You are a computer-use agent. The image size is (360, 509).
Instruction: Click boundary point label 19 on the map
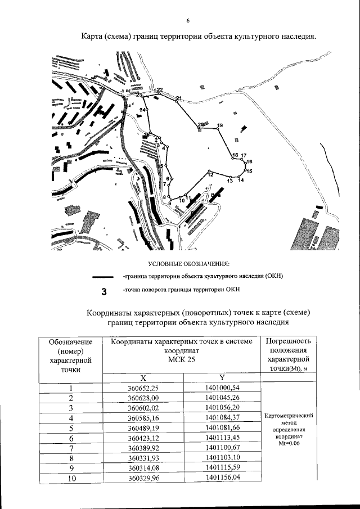pos(220,125)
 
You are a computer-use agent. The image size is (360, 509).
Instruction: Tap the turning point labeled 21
pos(179,99)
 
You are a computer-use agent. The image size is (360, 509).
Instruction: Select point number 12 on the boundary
pos(210,175)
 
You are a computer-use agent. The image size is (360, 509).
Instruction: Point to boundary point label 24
pos(143,110)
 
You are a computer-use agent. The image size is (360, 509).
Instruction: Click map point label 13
pos(230,181)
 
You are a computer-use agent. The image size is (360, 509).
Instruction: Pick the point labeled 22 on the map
pos(160,90)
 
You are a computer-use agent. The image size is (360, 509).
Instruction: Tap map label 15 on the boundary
pos(249,171)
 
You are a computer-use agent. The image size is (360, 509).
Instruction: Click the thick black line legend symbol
pos(105,277)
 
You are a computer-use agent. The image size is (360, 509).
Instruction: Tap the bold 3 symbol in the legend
pos(104,291)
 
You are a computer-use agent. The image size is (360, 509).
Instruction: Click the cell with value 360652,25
pos(143,388)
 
